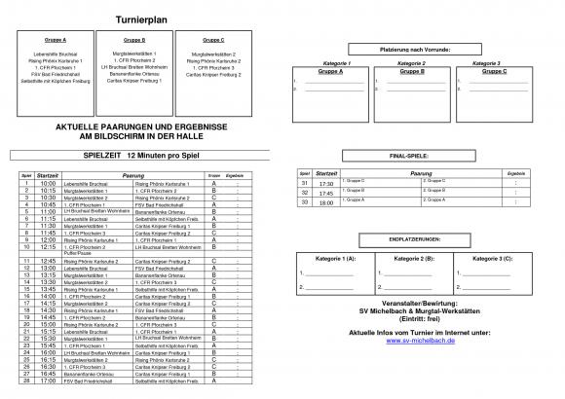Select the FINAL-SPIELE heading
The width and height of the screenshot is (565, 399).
tap(415, 156)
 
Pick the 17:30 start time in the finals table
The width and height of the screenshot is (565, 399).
tap(326, 183)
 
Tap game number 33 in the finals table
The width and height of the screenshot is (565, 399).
tap(304, 201)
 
